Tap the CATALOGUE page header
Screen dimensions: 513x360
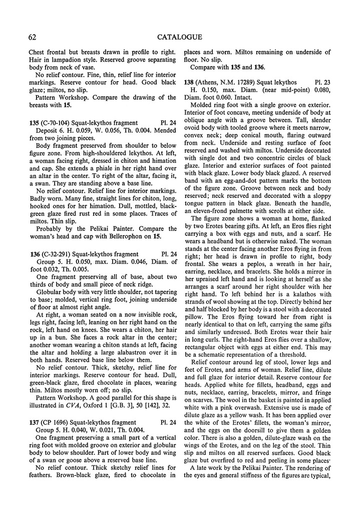pyautogui.click(x=179, y=37)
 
